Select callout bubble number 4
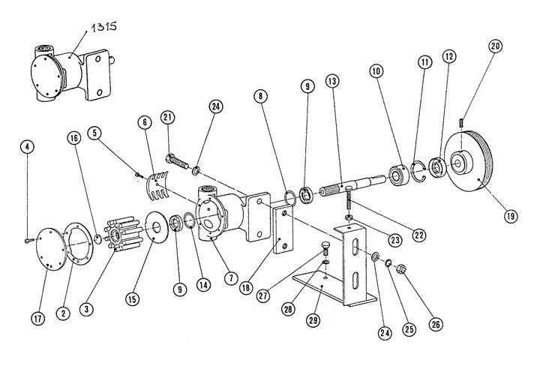[27, 147]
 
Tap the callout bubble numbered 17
[36, 318]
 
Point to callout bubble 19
[511, 216]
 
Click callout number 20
[495, 46]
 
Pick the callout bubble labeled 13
[333, 80]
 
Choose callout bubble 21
[167, 118]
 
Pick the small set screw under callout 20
[462, 121]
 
